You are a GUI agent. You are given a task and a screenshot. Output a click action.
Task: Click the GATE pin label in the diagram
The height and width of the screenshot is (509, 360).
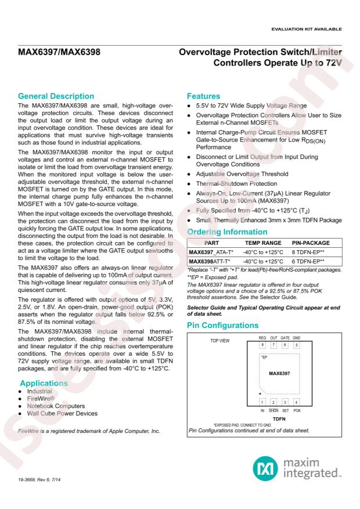point(285,337)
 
